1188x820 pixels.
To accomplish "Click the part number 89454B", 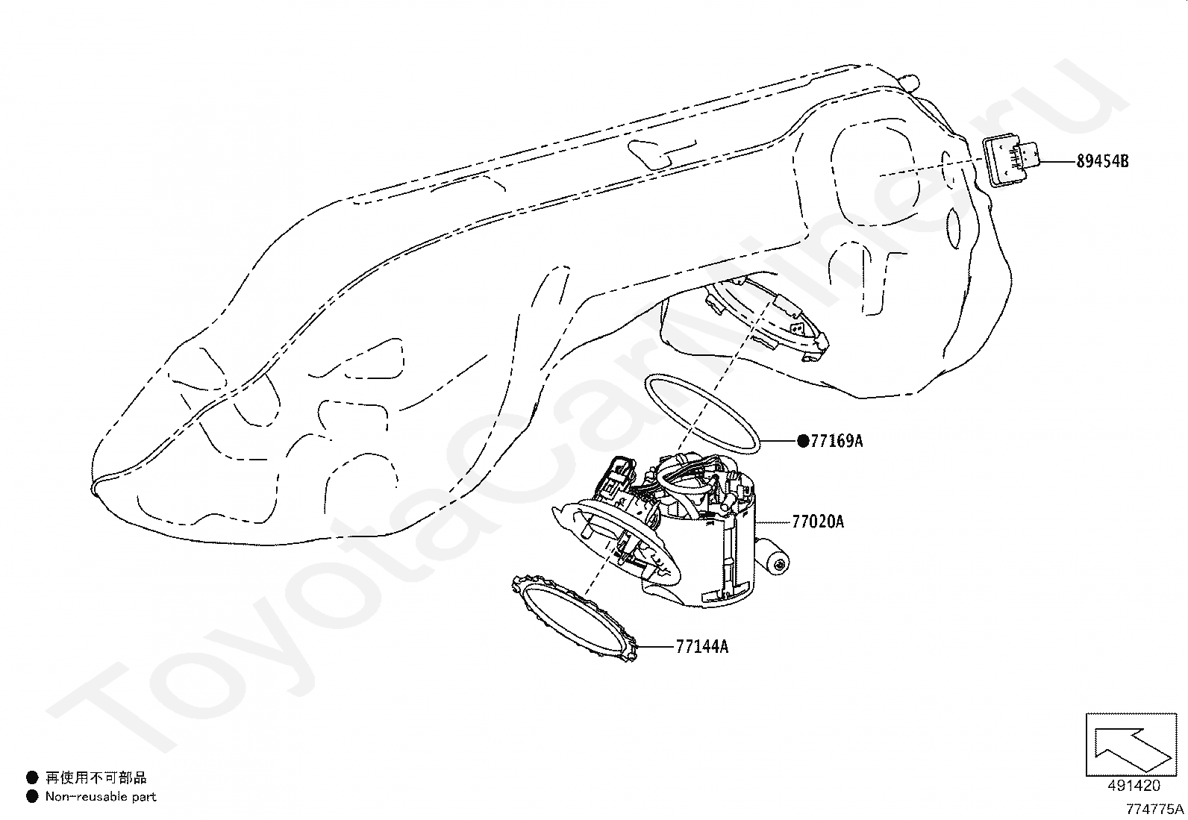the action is click(x=1102, y=161).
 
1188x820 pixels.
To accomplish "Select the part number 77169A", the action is click(x=837, y=441).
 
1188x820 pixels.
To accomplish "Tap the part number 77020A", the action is click(x=818, y=522).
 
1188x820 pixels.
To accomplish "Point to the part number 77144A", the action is click(x=701, y=647).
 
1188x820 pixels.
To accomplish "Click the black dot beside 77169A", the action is click(x=803, y=441).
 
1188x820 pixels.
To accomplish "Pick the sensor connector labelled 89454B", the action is click(x=1011, y=160).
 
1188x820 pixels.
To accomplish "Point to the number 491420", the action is click(x=1134, y=785).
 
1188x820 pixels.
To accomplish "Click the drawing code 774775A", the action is click(x=1155, y=809).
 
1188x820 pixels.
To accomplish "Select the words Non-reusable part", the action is click(x=101, y=797).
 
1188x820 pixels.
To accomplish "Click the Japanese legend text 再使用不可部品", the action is click(x=96, y=778).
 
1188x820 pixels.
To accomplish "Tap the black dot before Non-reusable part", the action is click(x=32, y=797).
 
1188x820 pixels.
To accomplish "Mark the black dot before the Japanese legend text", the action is click(x=32, y=778).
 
